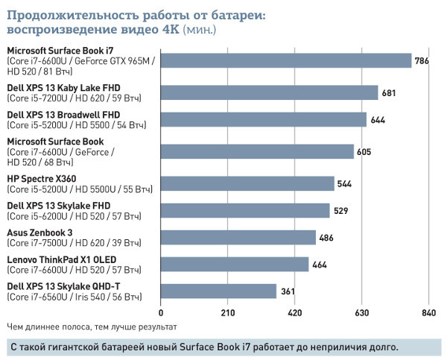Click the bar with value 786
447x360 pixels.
point(286,61)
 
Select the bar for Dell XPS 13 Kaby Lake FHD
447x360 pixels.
point(270,92)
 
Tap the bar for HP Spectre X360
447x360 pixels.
point(247,183)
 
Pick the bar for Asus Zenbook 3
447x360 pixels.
point(238,237)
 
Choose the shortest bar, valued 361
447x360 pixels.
point(218,291)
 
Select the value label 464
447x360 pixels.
point(321,265)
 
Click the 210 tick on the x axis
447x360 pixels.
point(228,313)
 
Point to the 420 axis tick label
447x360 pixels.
point(295,313)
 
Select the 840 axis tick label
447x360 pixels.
point(428,313)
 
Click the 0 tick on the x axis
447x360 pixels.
point(161,313)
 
